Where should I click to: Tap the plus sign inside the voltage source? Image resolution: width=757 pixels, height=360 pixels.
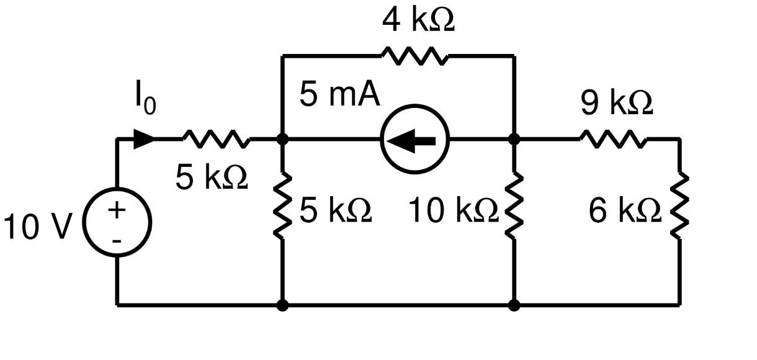point(117,210)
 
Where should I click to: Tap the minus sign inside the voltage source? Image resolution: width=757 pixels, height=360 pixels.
point(117,240)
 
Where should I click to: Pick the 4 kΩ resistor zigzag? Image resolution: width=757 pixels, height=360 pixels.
point(414,56)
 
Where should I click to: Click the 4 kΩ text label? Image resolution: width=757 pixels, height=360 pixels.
point(418,21)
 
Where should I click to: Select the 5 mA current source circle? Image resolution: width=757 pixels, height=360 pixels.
point(414,140)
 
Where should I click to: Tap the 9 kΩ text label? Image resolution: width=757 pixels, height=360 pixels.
point(617,104)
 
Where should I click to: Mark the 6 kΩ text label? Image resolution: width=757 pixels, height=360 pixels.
point(625,212)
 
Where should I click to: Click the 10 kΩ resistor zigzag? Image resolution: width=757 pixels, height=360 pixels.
point(514,207)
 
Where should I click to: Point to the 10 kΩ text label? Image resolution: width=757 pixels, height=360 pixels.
point(454,212)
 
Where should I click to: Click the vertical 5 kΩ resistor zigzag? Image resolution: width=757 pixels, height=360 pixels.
point(282,207)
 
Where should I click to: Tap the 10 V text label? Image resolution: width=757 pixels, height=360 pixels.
point(39,227)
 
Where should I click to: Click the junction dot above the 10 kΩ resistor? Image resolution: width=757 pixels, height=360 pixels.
point(514,140)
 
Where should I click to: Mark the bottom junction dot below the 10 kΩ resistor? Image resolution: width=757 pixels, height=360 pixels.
point(514,305)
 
